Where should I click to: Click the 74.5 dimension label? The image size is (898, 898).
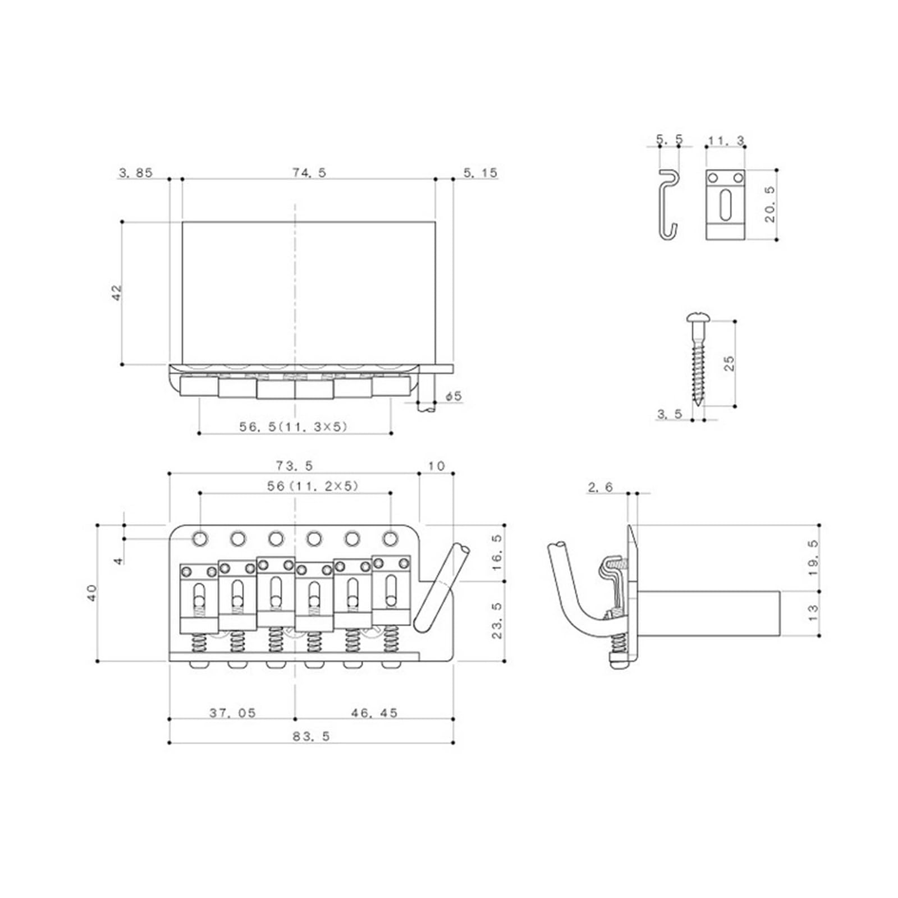(308, 172)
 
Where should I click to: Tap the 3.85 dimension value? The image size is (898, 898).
(135, 172)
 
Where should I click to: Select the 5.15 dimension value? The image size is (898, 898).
(480, 172)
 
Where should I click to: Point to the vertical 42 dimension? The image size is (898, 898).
(117, 292)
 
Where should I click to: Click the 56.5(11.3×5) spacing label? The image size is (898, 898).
(294, 427)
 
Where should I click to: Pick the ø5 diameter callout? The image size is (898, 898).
(453, 396)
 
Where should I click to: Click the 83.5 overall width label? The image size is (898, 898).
(311, 736)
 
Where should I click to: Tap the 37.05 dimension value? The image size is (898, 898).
(232, 713)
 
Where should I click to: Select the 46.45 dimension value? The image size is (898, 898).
(374, 713)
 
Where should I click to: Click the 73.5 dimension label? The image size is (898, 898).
(294, 465)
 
